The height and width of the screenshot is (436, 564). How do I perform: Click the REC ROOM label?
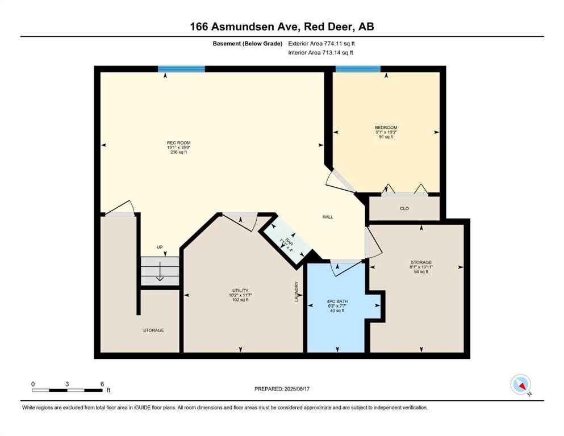tap(179, 142)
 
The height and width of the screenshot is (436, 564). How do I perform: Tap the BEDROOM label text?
tap(386, 128)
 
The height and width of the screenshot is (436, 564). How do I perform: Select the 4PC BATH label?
tap(337, 301)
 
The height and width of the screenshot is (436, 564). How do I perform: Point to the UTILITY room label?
tap(240, 291)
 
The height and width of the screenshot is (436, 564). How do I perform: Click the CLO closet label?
tap(404, 208)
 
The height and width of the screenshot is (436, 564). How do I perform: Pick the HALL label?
tap(328, 217)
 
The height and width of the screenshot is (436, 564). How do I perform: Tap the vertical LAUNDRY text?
tap(296, 291)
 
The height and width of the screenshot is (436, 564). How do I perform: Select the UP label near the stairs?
tap(160, 247)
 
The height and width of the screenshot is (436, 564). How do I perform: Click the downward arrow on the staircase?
tap(160, 271)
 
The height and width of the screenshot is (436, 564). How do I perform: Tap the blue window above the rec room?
tap(181, 69)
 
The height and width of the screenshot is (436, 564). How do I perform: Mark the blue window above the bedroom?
tap(358, 69)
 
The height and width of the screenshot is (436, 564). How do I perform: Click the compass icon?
tap(521, 384)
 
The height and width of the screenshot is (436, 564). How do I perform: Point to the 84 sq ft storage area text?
tap(421, 272)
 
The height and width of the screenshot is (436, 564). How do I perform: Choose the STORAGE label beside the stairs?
tap(153, 330)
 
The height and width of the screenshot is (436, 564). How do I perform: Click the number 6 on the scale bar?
tap(102, 384)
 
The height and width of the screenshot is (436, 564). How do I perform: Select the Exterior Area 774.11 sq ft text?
tap(321, 44)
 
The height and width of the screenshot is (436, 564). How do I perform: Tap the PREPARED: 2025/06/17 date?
tap(282, 389)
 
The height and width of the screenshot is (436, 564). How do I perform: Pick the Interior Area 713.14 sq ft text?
tap(320, 52)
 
